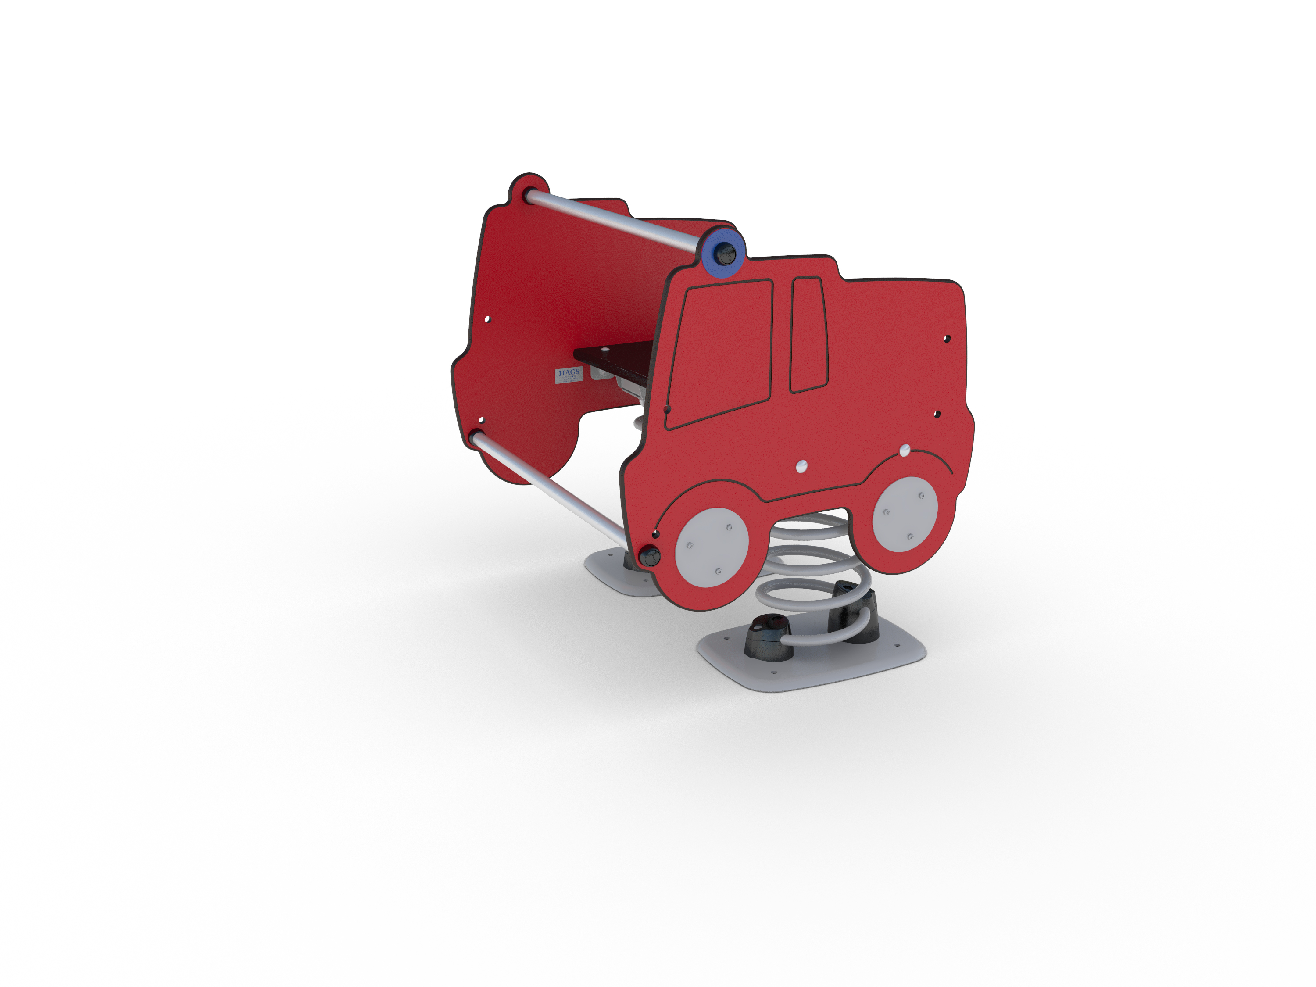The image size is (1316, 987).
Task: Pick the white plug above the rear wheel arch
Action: [904, 451]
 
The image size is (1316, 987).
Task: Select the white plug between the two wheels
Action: [801, 466]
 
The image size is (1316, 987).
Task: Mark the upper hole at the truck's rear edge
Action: [947, 339]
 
